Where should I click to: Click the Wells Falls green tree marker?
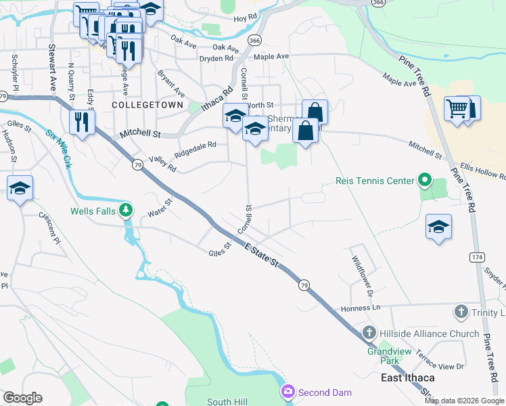(x=125, y=210)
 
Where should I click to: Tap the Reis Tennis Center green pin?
(x=424, y=181)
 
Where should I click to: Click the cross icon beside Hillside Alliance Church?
(x=369, y=334)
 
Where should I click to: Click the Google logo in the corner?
(x=22, y=398)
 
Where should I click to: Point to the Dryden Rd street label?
(x=215, y=59)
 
